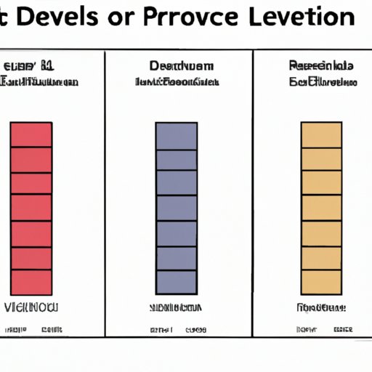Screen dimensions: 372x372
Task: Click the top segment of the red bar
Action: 31,134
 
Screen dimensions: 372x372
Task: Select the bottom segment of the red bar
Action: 31,282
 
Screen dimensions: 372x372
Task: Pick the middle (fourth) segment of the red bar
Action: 31,208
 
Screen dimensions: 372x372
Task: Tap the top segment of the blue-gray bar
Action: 176,135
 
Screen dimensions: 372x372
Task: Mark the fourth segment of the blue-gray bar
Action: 176,208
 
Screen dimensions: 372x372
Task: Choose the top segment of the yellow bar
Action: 321,135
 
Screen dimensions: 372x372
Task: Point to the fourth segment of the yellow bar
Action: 321,208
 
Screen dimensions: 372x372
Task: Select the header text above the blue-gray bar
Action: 177,74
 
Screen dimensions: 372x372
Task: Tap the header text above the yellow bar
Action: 321,74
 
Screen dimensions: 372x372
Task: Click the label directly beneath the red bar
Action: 31,307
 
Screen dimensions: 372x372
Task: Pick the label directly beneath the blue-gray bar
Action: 176,307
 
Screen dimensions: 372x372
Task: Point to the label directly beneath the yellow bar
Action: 320,307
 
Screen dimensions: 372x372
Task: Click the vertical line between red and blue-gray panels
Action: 105,196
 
